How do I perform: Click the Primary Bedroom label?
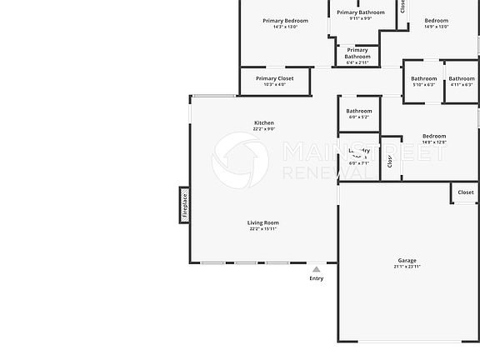[x=285, y=21]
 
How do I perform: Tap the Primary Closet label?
[x=274, y=78]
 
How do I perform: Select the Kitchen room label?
[x=263, y=123]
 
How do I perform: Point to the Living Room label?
[x=263, y=222]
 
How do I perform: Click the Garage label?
[x=406, y=261]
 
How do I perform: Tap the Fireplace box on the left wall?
[x=184, y=205]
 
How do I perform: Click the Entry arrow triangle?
[x=316, y=269]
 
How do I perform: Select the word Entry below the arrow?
[x=316, y=278]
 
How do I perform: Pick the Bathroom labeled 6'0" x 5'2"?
[x=359, y=111]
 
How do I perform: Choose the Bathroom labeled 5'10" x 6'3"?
[x=423, y=78]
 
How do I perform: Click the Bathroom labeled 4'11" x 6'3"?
[x=461, y=78]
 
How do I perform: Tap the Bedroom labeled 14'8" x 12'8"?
[x=434, y=136]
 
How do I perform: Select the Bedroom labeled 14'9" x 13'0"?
[x=436, y=21]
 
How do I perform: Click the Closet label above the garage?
[x=466, y=192]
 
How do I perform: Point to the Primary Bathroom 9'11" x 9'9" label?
[x=360, y=12]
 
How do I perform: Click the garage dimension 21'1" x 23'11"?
[x=406, y=267]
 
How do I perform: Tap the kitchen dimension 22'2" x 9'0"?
[x=263, y=129]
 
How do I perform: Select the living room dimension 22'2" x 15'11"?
[x=263, y=228]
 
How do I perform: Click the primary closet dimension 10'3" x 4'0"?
[x=274, y=84]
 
